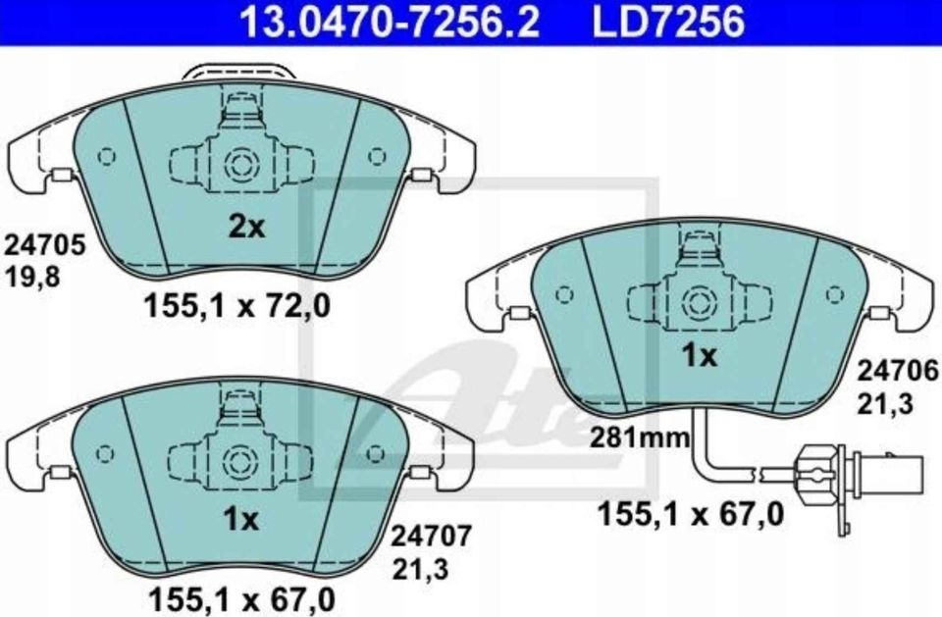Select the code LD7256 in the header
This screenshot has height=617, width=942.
point(667,21)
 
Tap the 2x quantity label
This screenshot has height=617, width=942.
point(246,228)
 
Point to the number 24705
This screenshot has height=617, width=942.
point(45,244)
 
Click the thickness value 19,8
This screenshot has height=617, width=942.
point(33,277)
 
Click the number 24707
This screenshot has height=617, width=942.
point(433,536)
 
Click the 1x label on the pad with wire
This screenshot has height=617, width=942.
point(699,357)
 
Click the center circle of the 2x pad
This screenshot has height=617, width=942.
point(239,163)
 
